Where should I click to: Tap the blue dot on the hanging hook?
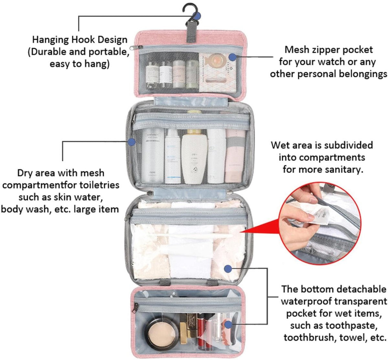pos(197,16)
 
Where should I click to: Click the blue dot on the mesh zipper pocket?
pos(232,57)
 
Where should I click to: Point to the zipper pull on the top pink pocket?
pos(136,48)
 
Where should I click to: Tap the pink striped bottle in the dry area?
pos(235,156)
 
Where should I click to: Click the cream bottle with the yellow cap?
pos(194,156)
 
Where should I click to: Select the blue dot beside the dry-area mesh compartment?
pos(132,142)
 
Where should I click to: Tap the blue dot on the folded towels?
pos(228,269)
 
